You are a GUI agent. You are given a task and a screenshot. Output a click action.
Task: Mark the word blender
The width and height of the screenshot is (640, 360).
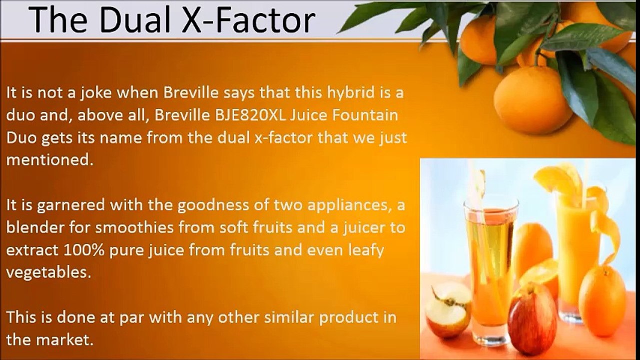pyautogui.click(x=39, y=227)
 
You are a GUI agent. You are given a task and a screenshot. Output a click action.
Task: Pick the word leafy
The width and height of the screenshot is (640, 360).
pyautogui.click(x=365, y=250)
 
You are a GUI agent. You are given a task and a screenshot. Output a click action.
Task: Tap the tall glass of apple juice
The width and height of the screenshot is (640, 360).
pyautogui.click(x=490, y=265)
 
